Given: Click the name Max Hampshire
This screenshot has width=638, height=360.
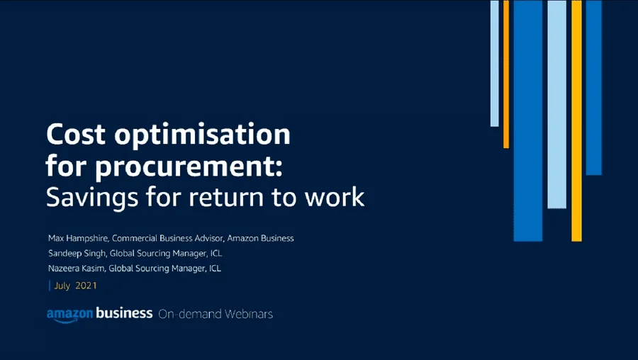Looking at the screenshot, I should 77,238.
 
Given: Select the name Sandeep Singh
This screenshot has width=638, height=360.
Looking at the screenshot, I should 75,253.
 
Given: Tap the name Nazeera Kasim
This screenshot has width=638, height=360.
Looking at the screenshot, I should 76,269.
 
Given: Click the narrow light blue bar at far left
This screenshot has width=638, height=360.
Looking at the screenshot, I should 494,64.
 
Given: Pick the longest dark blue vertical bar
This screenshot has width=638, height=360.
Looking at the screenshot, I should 527,120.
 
